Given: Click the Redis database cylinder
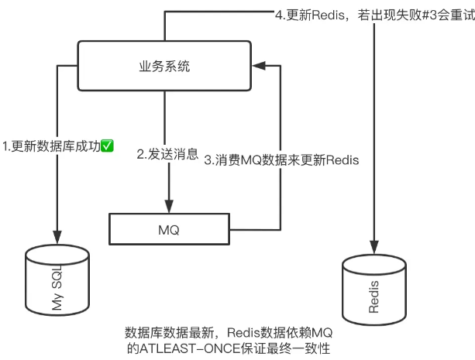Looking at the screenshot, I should click(x=374, y=290).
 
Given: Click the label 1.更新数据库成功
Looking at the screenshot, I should click(x=51, y=146).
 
